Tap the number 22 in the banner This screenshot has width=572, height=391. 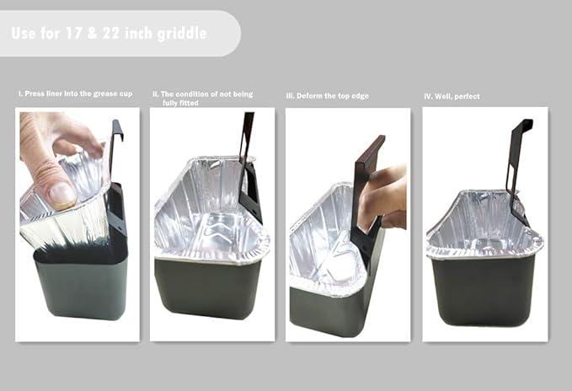[x=112, y=33]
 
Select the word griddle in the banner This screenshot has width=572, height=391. [x=182, y=34]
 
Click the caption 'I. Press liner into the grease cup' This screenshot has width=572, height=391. [x=76, y=94]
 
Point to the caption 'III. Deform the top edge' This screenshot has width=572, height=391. [x=328, y=96]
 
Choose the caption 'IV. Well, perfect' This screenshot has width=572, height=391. [x=452, y=97]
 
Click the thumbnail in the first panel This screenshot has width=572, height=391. [x=61, y=193]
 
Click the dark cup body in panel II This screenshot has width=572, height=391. [x=207, y=288]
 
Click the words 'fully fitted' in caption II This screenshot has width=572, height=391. [x=180, y=103]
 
